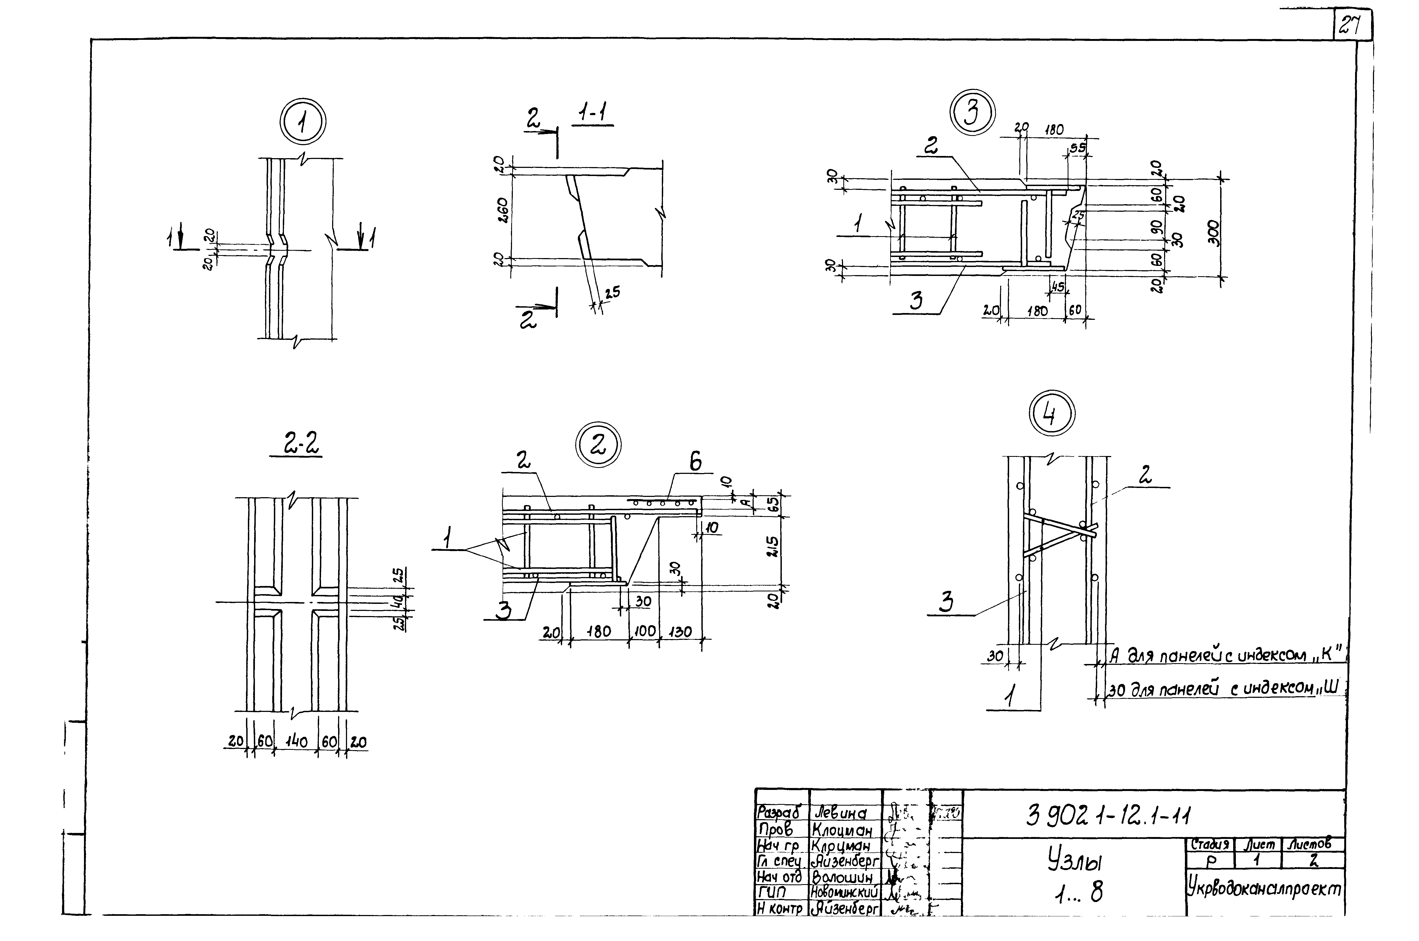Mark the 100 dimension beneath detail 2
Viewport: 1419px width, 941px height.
pyautogui.click(x=644, y=632)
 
